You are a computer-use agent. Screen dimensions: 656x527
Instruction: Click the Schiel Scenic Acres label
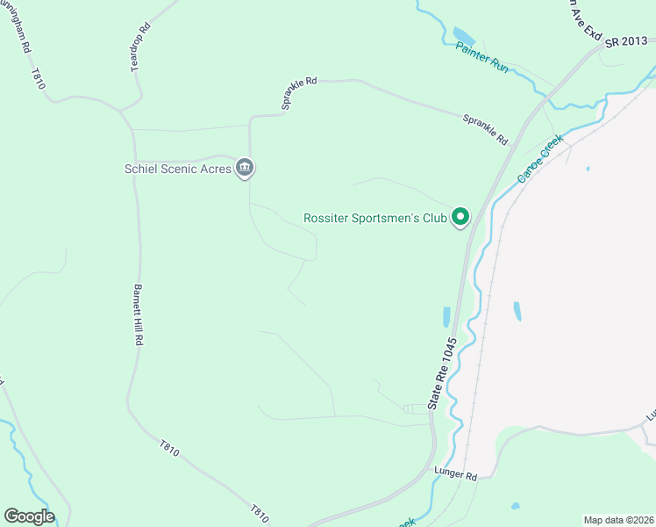(177, 169)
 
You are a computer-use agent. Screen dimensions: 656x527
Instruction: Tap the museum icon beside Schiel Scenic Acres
(246, 168)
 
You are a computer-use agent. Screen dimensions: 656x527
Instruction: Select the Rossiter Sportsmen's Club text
(374, 218)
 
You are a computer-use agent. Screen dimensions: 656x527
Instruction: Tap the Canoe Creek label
(539, 158)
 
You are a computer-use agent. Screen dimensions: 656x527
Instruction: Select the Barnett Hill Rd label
(138, 314)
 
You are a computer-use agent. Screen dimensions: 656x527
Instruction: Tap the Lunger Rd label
(455, 476)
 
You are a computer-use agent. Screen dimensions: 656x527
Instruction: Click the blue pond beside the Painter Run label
(464, 38)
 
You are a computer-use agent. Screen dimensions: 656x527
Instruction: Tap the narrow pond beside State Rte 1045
(446, 317)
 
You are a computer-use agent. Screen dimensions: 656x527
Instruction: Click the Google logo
(29, 516)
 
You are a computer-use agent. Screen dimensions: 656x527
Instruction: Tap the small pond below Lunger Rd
(515, 506)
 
